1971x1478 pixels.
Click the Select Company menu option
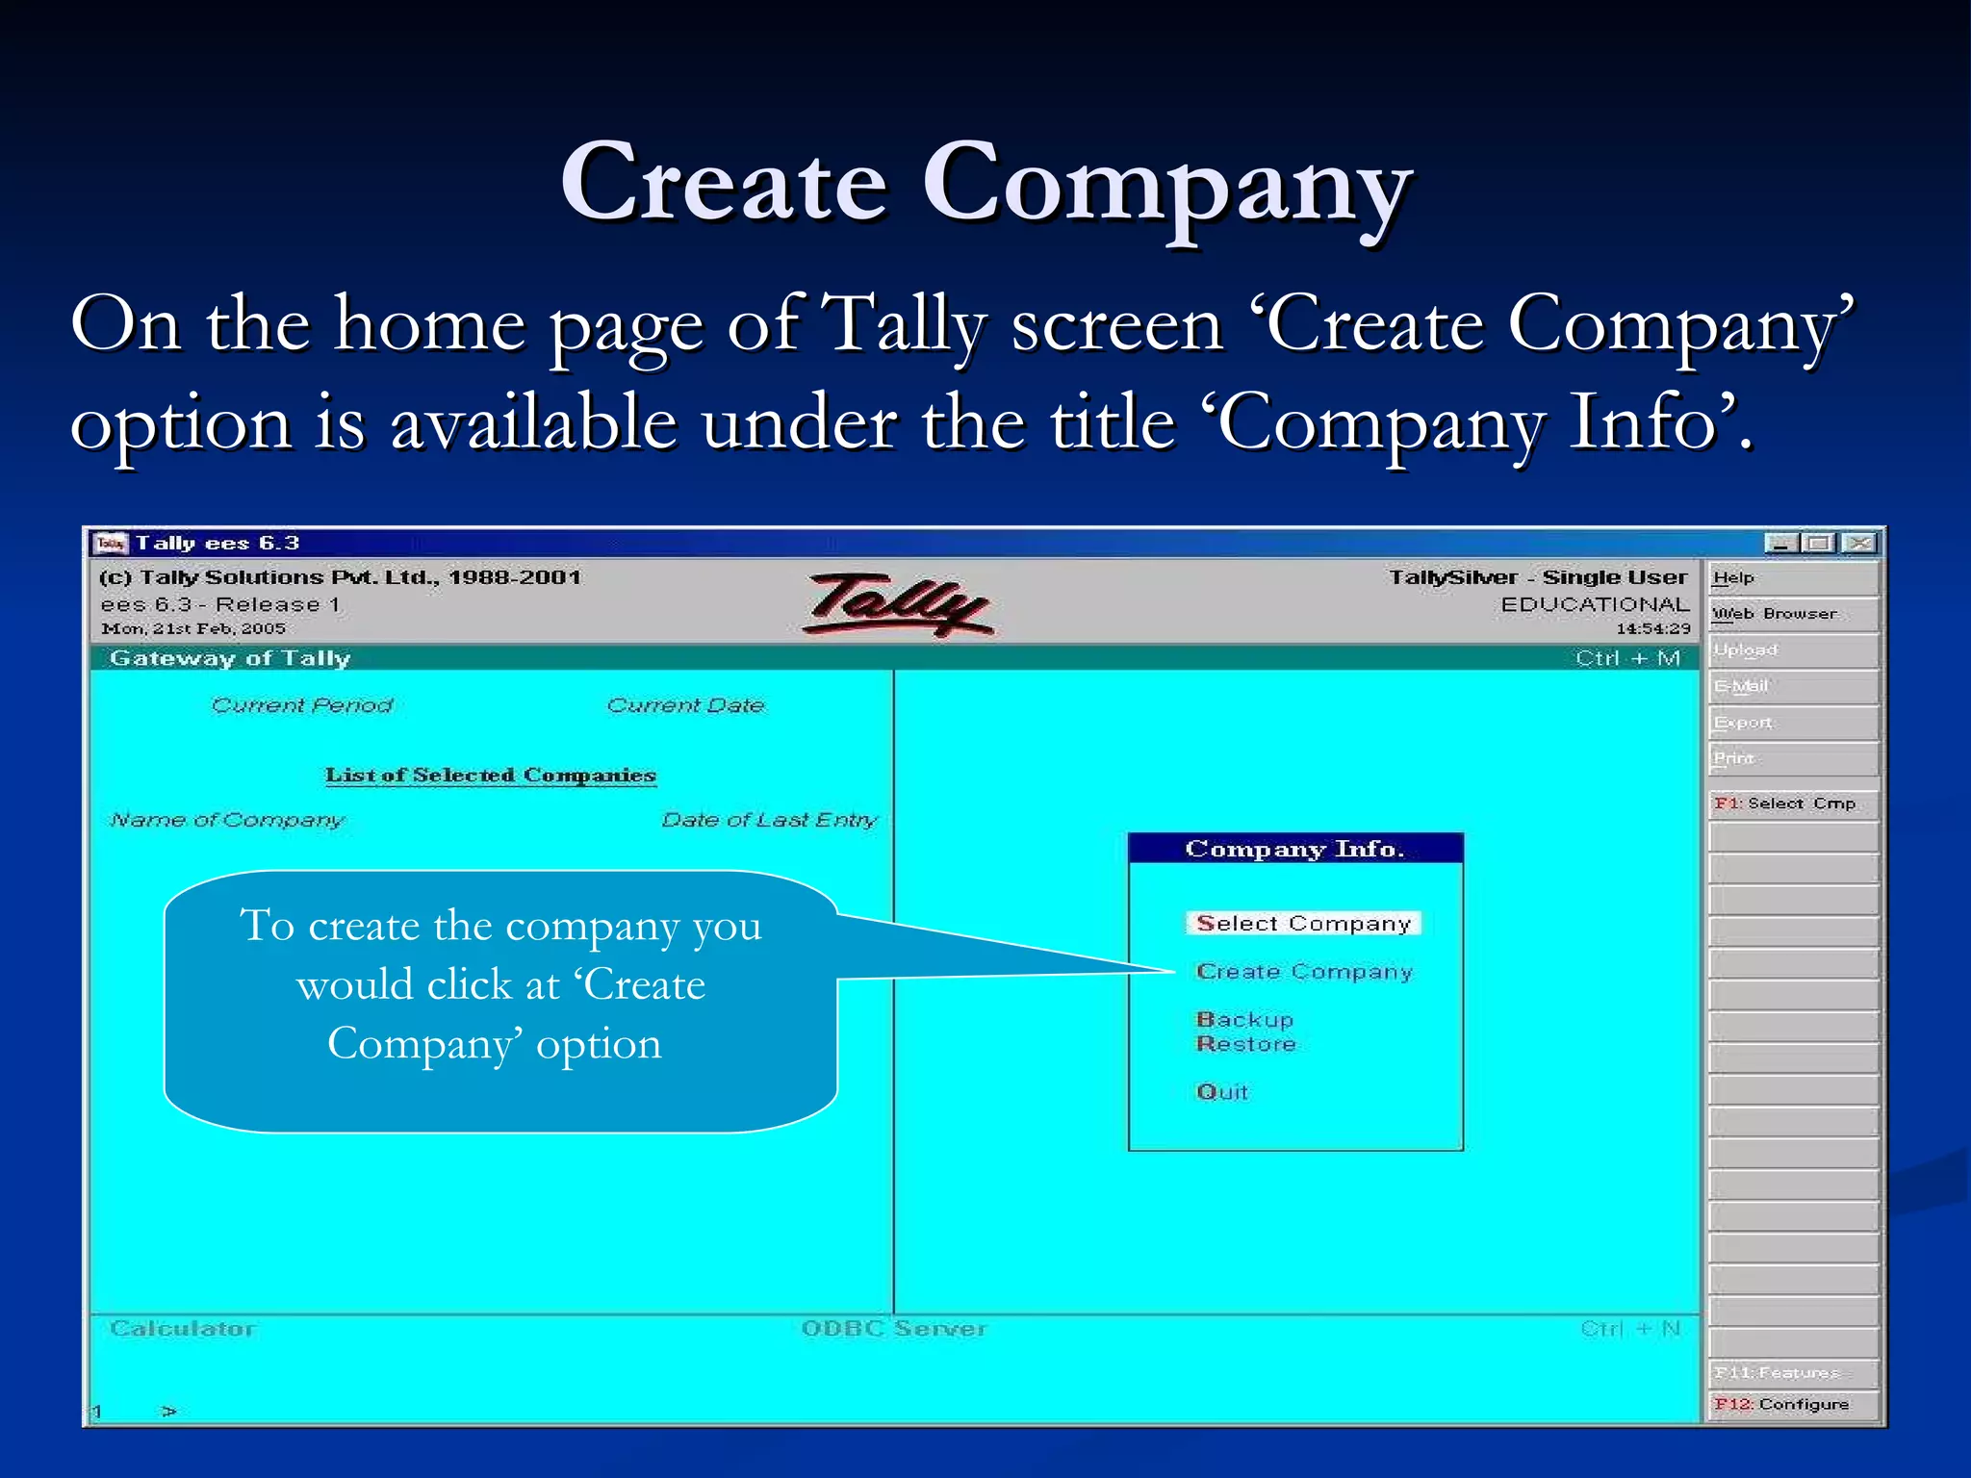coord(1302,924)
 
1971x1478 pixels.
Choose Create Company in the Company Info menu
coord(1303,972)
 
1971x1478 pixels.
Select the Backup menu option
coord(1244,1020)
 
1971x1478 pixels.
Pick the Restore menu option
coord(1245,1044)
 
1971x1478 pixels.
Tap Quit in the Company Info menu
coord(1221,1092)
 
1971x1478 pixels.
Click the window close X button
coord(1861,544)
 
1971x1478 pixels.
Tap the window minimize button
coord(1781,544)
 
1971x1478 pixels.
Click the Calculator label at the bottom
coord(183,1329)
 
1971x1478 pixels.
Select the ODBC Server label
coord(894,1329)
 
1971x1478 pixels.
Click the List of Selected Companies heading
coord(490,776)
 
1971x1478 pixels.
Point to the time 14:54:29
coord(1652,629)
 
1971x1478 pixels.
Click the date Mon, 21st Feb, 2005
coord(193,629)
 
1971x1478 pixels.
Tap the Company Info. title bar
coord(1294,849)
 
